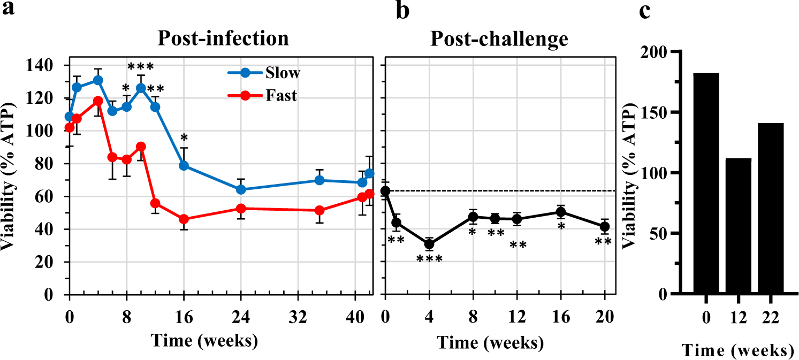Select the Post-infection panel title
pyautogui.click(x=223, y=40)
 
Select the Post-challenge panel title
pyautogui.click(x=500, y=40)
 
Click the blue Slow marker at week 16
pyautogui.click(x=184, y=166)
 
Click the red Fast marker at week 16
pyautogui.click(x=184, y=219)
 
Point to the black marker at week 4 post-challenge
pyautogui.click(x=429, y=244)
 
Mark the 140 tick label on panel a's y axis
pyautogui.click(x=45, y=66)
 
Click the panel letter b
pyautogui.click(x=402, y=11)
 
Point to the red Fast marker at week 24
pyautogui.click(x=241, y=209)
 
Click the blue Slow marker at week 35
pyautogui.click(x=319, y=180)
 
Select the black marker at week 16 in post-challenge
pyautogui.click(x=561, y=212)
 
